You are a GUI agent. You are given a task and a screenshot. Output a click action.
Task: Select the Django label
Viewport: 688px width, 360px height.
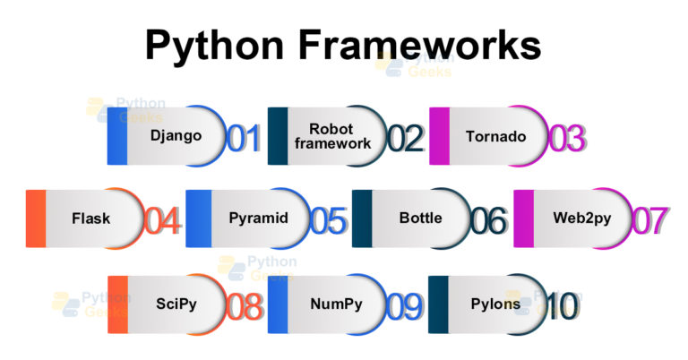pyautogui.click(x=176, y=137)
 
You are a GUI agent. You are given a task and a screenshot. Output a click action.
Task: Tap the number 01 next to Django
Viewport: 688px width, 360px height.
pyautogui.click(x=243, y=139)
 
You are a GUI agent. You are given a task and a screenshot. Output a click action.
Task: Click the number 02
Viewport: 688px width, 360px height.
pyautogui.click(x=405, y=139)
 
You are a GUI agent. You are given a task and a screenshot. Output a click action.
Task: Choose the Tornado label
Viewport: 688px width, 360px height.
pyautogui.click(x=495, y=137)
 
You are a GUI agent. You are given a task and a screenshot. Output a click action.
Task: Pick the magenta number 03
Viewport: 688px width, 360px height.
pyautogui.click(x=566, y=139)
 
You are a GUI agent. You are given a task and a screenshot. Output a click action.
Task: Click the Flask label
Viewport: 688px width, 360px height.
pyautogui.click(x=90, y=219)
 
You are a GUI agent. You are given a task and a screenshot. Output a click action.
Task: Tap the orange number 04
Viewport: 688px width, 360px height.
pyautogui.click(x=162, y=220)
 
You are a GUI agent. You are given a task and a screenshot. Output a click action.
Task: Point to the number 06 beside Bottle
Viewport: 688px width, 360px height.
pyautogui.click(x=489, y=220)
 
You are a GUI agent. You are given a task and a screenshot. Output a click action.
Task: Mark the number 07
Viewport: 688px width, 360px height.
pyautogui.click(x=651, y=220)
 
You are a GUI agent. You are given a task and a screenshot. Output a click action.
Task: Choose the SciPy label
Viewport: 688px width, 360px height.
pyautogui.click(x=175, y=304)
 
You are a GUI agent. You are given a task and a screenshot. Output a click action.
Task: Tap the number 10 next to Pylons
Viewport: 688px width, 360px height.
pyautogui.click(x=562, y=305)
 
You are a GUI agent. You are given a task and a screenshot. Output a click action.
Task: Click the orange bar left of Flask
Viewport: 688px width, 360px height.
pyautogui.click(x=36, y=219)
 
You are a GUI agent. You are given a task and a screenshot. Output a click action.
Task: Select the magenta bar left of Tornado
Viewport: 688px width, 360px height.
pyautogui.click(x=439, y=136)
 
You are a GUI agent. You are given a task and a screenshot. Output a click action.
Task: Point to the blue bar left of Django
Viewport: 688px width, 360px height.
pyautogui.click(x=116, y=136)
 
